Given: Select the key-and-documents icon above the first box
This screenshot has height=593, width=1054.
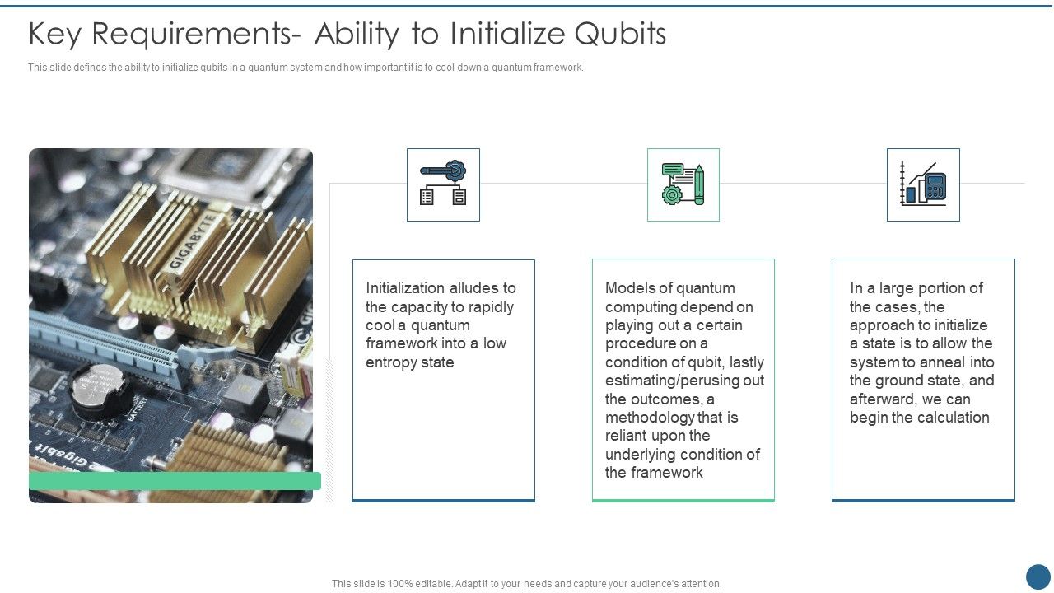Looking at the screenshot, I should tap(443, 184).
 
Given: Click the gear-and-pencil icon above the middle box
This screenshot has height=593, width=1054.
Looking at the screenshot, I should tap(683, 184).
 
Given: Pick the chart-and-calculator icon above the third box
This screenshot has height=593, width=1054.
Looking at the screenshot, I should tap(923, 184).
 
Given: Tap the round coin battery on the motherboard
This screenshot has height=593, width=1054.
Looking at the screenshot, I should tap(97, 388).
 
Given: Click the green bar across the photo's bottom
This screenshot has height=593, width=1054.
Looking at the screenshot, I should tap(175, 481).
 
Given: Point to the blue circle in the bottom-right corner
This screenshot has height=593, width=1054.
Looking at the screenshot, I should tap(1038, 577).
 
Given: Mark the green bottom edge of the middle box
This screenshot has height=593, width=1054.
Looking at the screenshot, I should tap(683, 500).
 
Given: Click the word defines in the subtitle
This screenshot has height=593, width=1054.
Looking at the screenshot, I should tap(89, 68).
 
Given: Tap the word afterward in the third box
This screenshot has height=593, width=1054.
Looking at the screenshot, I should tap(883, 399).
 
